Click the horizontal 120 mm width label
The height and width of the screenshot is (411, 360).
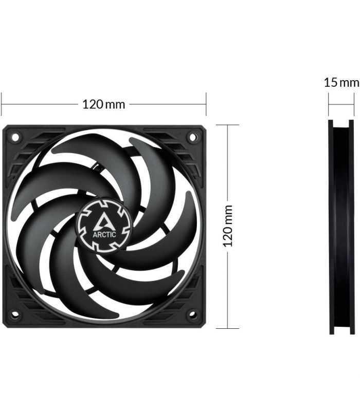click(x=104, y=104)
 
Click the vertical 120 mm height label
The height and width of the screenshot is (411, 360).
click(x=228, y=226)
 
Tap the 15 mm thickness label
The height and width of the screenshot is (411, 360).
click(x=341, y=82)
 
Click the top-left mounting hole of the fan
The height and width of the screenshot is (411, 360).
click(x=15, y=137)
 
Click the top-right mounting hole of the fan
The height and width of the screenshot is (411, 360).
click(x=193, y=137)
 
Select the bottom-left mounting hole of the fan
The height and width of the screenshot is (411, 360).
click(x=15, y=314)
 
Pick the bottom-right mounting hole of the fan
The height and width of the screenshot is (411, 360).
click(x=193, y=314)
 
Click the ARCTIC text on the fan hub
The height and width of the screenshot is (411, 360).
click(x=104, y=234)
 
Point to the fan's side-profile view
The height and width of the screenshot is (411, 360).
click(x=341, y=227)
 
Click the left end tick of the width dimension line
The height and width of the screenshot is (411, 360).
click(x=2, y=104)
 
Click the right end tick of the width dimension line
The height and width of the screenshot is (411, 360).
click(x=206, y=104)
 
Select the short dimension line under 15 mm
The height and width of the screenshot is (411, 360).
click(x=341, y=104)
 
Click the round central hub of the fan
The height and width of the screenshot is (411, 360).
click(x=104, y=226)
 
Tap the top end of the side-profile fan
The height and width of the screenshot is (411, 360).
click(x=341, y=122)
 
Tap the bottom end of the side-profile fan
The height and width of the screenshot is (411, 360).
click(x=341, y=332)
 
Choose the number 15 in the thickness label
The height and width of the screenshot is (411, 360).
click(x=331, y=82)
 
